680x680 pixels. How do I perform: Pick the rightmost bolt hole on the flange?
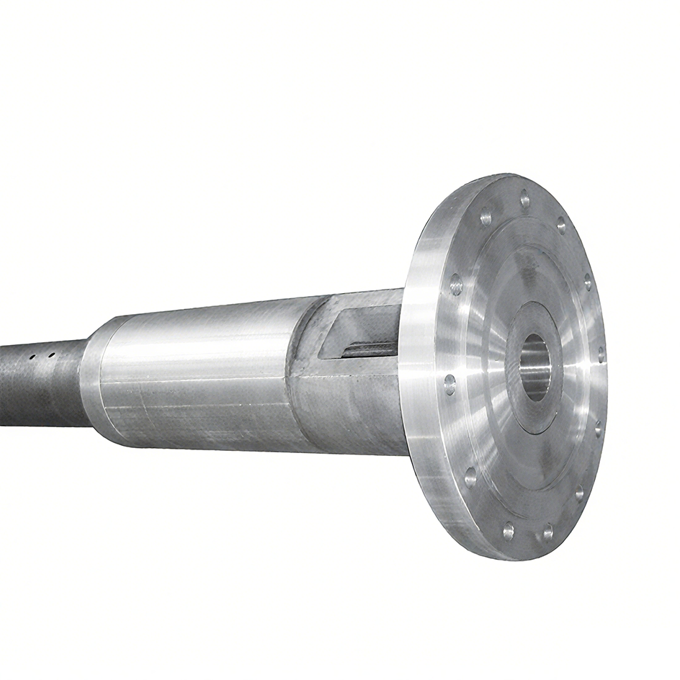601,354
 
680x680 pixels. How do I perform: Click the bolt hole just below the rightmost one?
597,430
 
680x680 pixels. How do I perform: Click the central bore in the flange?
534,367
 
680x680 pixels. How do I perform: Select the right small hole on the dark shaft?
51,354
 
